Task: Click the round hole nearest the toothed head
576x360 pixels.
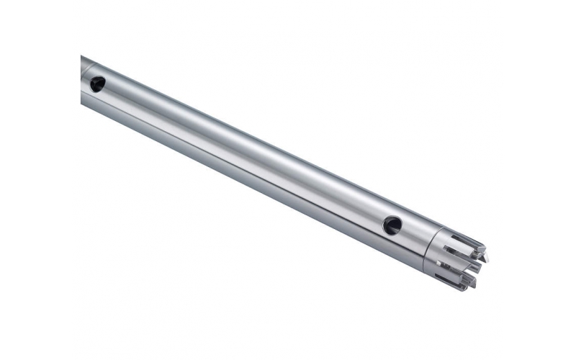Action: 392,225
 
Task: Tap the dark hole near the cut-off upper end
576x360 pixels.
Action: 97,85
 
